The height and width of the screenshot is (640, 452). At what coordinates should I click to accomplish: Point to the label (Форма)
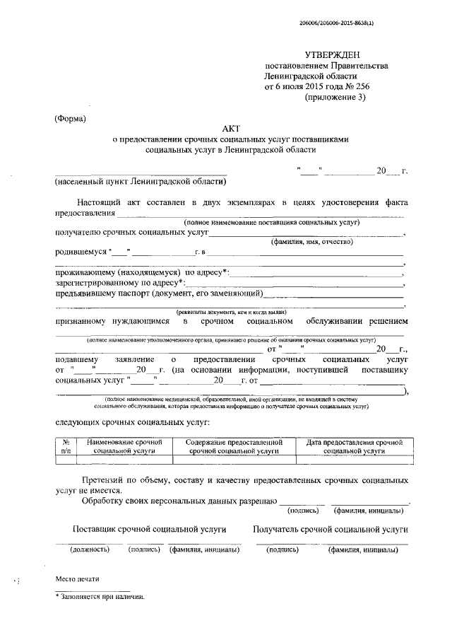click(70, 118)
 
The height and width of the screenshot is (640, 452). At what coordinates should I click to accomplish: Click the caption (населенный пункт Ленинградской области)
click(141, 182)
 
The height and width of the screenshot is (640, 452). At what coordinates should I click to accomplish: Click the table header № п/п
click(66, 446)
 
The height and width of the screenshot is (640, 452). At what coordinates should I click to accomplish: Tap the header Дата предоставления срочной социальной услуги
click(353, 446)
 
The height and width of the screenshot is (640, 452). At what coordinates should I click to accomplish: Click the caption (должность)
click(88, 549)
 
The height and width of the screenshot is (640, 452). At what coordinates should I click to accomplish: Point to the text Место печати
click(78, 579)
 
